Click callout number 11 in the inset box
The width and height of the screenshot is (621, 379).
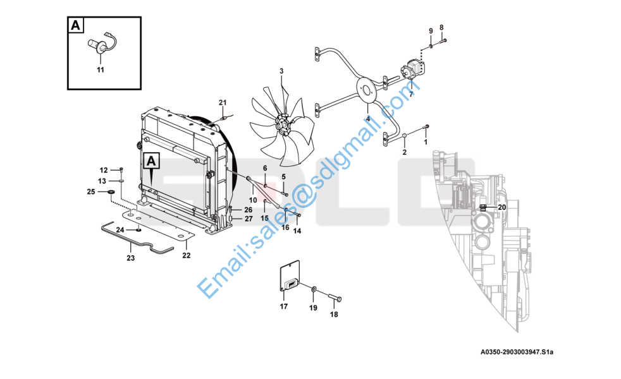tap(101, 69)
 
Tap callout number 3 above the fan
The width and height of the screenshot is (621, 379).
tap(281, 71)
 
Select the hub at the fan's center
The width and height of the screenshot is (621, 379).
tap(283, 125)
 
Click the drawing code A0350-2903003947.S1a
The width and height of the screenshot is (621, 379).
tap(517, 352)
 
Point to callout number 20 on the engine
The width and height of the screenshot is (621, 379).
tap(501, 207)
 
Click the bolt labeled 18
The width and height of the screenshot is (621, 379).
tap(335, 297)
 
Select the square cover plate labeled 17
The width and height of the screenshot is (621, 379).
tap(290, 276)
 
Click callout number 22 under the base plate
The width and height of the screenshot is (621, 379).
tap(186, 256)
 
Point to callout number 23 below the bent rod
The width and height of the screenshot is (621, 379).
tap(131, 258)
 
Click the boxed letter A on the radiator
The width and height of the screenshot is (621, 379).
tap(151, 161)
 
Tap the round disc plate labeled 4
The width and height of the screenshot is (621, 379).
tap(368, 90)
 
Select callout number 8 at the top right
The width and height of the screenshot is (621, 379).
tap(441, 28)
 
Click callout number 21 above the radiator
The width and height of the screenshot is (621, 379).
tap(223, 102)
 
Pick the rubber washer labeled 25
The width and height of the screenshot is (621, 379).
tap(111, 192)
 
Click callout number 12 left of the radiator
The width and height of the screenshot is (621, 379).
tap(104, 170)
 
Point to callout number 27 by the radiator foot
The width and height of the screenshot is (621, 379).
tap(249, 219)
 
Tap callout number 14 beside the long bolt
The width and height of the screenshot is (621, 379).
tap(297, 231)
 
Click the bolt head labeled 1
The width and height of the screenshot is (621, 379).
tap(426, 126)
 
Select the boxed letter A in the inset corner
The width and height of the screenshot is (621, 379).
tap(75, 25)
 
